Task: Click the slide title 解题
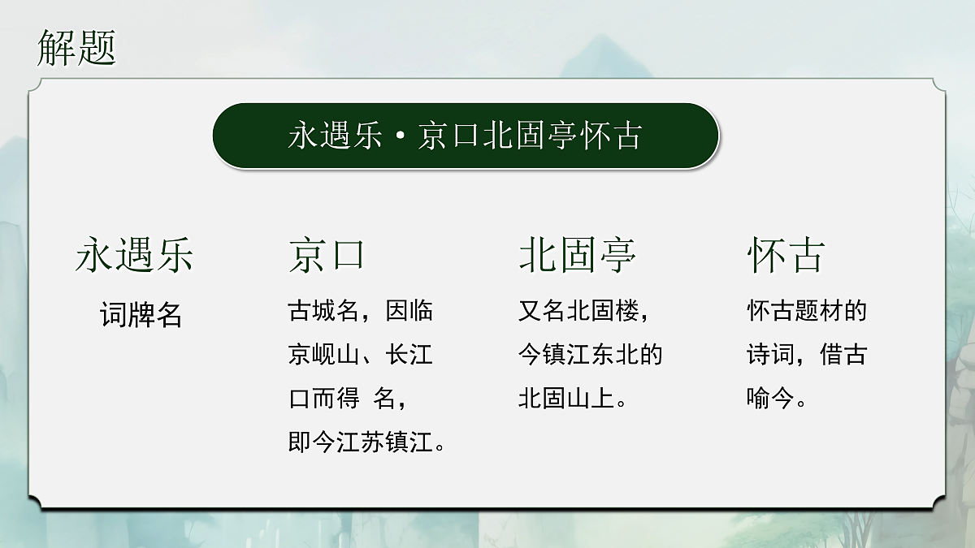[77, 48]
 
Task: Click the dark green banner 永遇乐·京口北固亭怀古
[466, 136]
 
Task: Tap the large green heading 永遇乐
[135, 255]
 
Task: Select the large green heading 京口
[327, 255]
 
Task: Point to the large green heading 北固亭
[578, 255]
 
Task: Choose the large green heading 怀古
[786, 255]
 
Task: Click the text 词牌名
[141, 314]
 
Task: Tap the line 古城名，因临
[361, 310]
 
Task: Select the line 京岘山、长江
[361, 355]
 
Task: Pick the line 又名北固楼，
[584, 310]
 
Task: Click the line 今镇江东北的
[591, 355]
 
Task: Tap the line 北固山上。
[573, 399]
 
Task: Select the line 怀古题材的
[808, 310]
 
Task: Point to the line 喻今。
[777, 399]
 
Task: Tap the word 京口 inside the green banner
[448, 136]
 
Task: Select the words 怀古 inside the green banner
[612, 136]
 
